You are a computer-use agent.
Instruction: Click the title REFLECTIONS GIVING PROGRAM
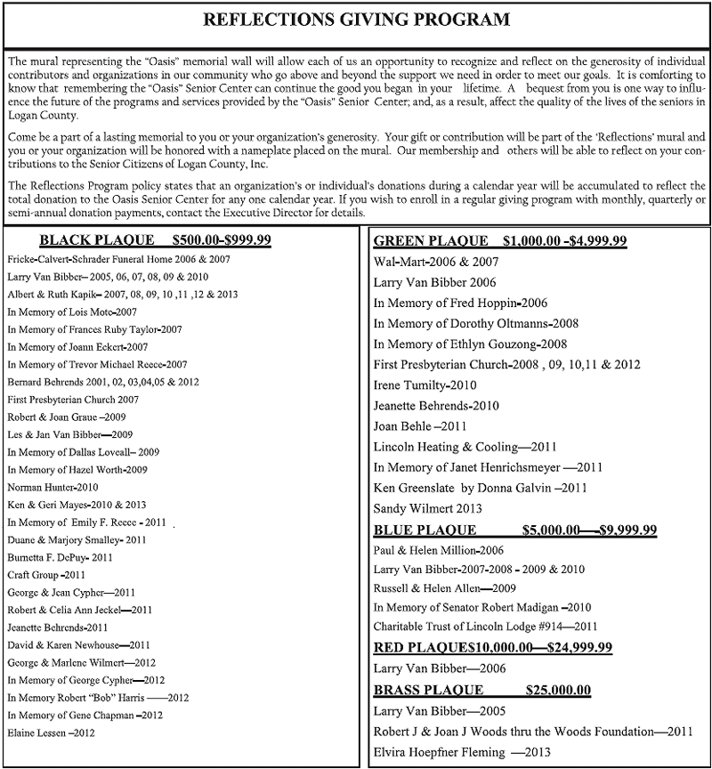click(356, 19)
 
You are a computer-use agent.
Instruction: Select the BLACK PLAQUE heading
click(156, 240)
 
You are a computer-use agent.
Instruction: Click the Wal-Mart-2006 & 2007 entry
click(436, 263)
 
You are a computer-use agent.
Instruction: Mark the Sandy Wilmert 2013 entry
click(428, 509)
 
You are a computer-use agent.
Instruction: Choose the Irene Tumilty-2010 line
click(425, 385)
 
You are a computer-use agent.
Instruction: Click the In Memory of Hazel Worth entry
click(77, 469)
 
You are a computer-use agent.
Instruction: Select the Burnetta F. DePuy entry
click(60, 557)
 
